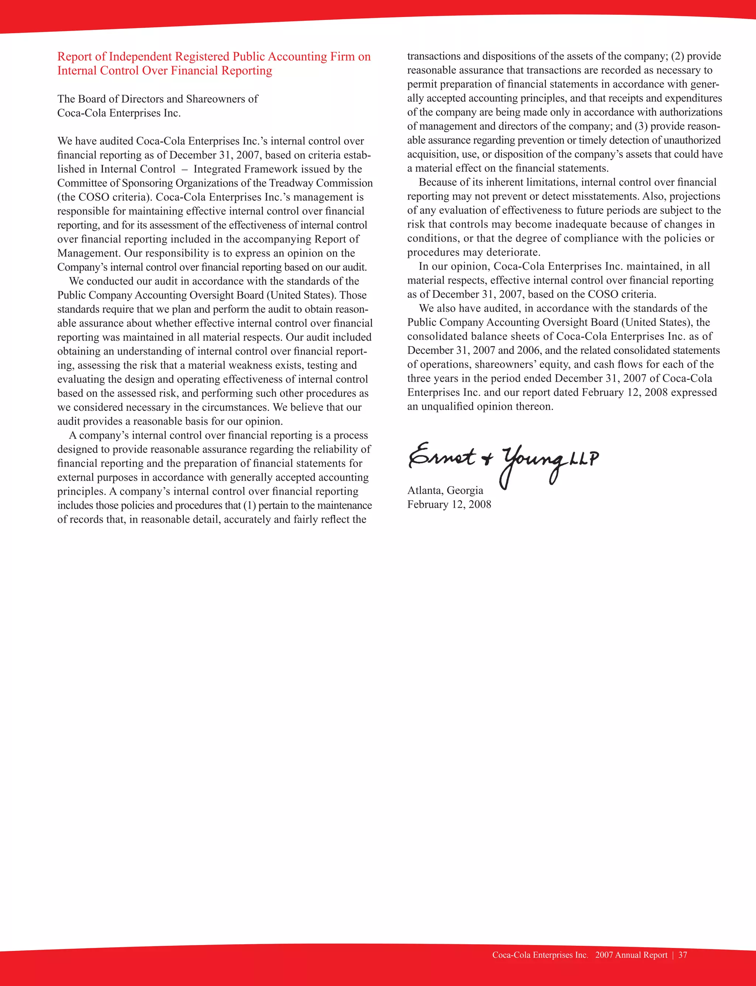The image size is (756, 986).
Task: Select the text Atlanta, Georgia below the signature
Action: point(445,490)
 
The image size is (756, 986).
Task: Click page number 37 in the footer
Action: point(683,955)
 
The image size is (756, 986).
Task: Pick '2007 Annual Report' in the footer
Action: point(631,955)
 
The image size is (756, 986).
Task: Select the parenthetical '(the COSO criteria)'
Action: point(104,197)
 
